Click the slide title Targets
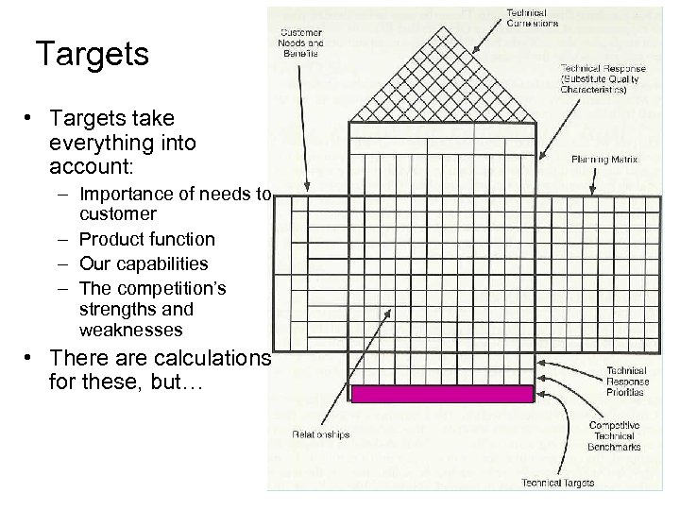(91, 54)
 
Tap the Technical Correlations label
(533, 16)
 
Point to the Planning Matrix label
(604, 160)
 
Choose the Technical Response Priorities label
(615, 381)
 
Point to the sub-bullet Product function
(147, 240)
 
